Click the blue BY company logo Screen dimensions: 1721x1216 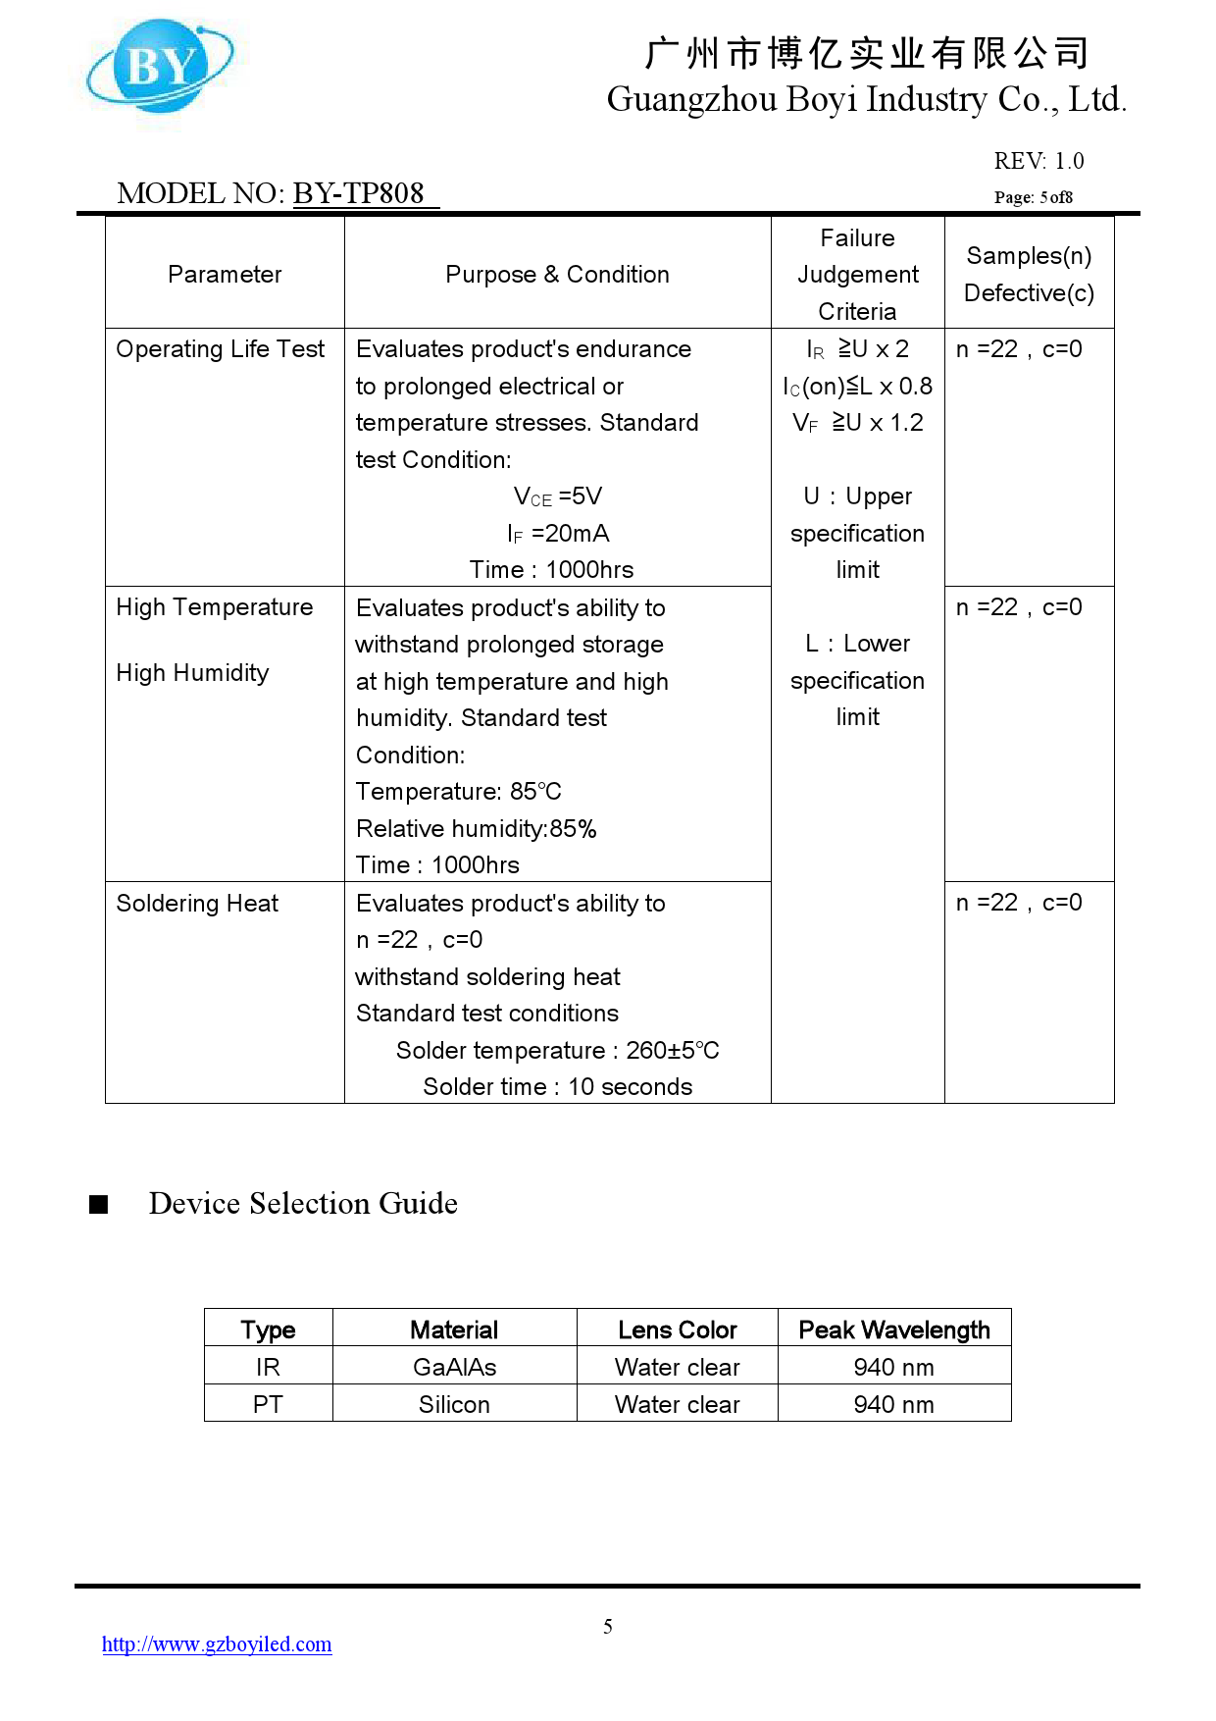tap(160, 66)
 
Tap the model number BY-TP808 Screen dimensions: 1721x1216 tap(359, 193)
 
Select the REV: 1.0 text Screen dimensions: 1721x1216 tap(1039, 161)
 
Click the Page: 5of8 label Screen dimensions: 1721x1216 tap(1033, 197)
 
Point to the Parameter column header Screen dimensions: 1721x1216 tap(225, 275)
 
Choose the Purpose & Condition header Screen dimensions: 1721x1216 tap(557, 275)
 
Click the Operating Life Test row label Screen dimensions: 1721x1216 tap(220, 349)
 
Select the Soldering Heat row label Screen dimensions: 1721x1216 tap(197, 904)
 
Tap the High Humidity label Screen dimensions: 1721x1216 tap(192, 673)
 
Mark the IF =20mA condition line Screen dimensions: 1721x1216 tap(558, 534)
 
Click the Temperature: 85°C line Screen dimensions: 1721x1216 tap(458, 792)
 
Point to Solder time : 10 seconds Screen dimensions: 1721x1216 tap(557, 1087)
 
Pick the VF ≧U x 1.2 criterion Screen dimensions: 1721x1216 tap(858, 423)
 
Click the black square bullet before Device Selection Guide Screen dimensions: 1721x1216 tap(98, 1204)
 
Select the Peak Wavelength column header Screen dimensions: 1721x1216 tap(894, 1330)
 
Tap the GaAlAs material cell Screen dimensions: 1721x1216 tap(454, 1368)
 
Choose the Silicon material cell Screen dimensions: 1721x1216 tap(454, 1405)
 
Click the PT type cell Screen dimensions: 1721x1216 tap(268, 1405)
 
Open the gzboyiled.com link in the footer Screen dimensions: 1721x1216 tap(217, 1644)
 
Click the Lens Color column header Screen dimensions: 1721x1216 tap(677, 1330)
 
